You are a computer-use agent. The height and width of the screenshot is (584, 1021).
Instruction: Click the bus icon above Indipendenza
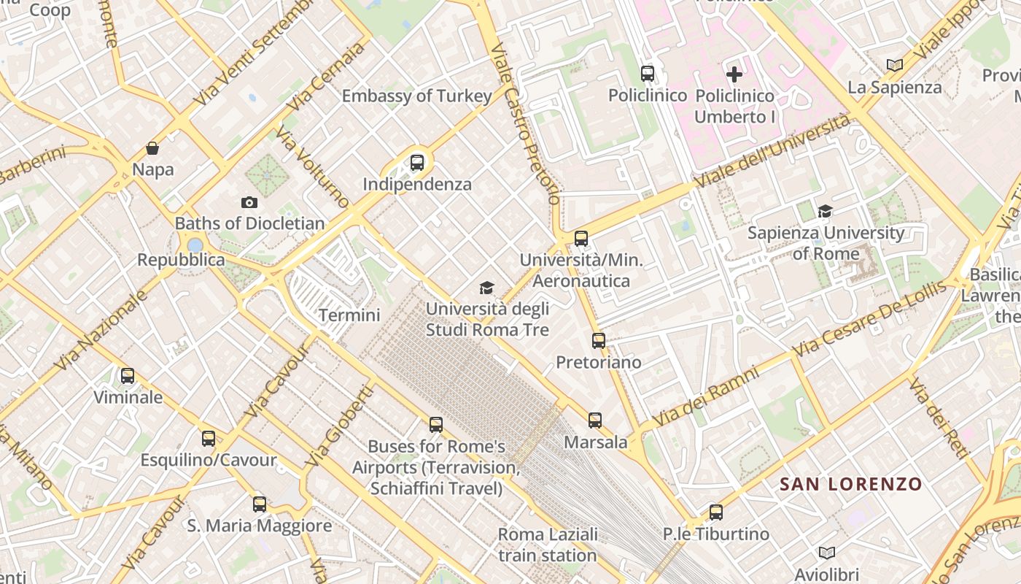click(417, 163)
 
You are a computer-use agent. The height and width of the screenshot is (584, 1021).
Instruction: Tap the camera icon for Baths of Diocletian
click(249, 202)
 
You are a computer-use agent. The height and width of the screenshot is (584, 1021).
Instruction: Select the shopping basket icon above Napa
click(152, 148)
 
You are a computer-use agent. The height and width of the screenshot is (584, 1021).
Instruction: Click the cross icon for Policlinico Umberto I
click(734, 74)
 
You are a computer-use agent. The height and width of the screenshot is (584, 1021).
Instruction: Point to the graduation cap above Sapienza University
click(825, 212)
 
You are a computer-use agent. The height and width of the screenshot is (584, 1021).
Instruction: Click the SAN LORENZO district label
click(850, 484)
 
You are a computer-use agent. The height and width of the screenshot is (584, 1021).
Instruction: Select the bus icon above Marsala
click(595, 420)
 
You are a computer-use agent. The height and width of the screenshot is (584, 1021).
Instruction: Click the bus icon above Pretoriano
click(599, 341)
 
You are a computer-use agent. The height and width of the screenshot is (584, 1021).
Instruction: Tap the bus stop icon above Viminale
click(128, 376)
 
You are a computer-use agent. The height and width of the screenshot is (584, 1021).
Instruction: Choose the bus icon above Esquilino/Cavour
click(209, 439)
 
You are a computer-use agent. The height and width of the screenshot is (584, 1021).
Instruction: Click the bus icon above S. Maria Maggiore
click(260, 504)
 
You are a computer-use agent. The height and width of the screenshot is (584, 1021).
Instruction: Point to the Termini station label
click(349, 315)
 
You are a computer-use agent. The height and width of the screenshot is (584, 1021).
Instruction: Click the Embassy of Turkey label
click(416, 96)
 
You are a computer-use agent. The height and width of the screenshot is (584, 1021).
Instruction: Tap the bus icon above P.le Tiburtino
click(716, 512)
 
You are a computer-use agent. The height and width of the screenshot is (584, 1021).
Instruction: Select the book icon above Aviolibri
click(826, 553)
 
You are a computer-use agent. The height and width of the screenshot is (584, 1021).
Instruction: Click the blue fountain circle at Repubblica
click(195, 245)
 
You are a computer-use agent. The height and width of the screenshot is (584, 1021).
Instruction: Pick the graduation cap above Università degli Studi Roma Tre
click(487, 288)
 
